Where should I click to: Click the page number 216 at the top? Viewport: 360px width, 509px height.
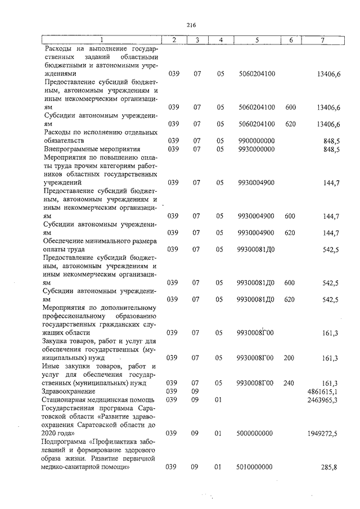190,24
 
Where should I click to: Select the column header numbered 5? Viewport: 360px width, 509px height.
256,40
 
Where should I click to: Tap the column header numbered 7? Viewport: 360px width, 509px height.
322,40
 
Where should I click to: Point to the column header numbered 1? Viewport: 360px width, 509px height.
102,40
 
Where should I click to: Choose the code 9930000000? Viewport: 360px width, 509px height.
256,149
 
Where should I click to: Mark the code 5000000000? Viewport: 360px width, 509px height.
256,434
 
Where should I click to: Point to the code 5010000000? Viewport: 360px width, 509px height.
256,467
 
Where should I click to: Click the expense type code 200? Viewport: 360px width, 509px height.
290,358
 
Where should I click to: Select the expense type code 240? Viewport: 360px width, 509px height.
290,383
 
